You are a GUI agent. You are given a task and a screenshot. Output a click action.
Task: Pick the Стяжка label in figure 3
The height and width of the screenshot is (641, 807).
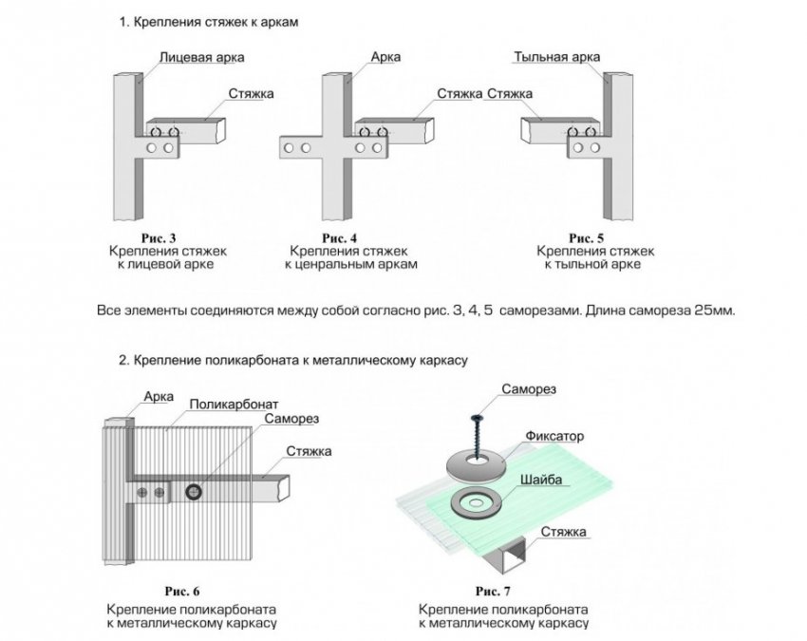pos(251,94)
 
